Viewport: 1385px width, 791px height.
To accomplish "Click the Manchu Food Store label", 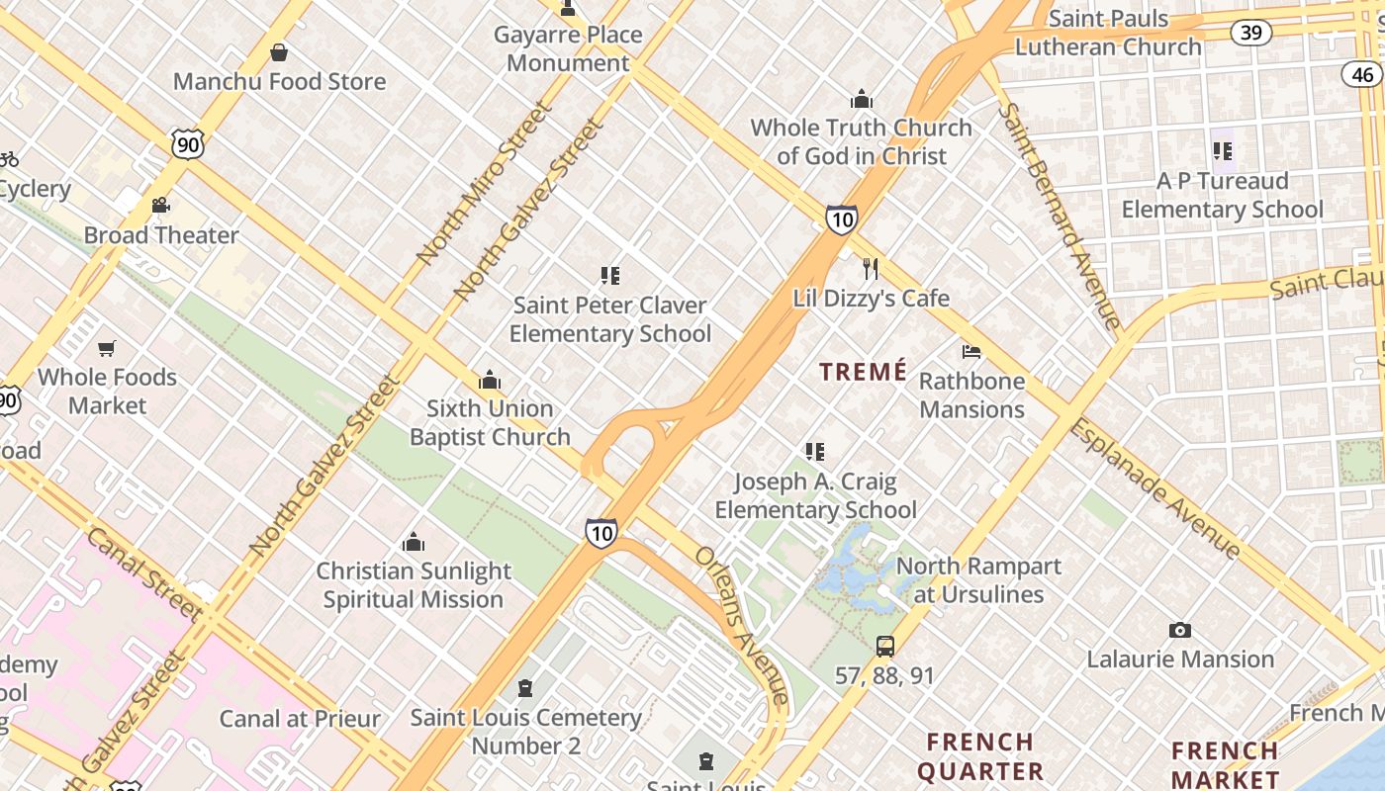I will tap(279, 81).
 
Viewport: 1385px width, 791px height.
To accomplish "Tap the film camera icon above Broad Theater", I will tap(160, 206).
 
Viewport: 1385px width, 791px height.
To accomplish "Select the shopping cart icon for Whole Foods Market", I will tap(107, 348).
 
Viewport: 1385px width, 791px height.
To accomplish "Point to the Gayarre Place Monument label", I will tap(568, 48).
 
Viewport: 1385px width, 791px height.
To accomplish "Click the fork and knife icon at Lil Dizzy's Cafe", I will tap(871, 269).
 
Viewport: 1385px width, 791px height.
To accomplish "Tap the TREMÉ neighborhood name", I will tap(864, 372).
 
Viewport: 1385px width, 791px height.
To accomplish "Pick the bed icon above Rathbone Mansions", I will tap(971, 352).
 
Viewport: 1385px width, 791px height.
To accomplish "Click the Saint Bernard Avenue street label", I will tap(1060, 215).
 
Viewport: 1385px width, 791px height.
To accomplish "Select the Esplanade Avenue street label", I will tap(1154, 488).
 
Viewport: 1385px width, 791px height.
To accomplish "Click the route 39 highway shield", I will tap(1251, 33).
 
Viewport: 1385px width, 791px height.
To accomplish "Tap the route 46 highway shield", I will tap(1362, 74).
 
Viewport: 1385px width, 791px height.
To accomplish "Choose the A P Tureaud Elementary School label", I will tap(1222, 195).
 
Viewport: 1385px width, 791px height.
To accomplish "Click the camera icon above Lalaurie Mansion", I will tap(1179, 631).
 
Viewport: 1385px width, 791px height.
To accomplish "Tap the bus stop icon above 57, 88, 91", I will tap(885, 647).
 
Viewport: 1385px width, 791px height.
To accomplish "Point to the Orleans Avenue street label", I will tap(742, 625).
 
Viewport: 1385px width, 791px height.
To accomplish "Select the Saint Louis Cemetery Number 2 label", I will tap(525, 731).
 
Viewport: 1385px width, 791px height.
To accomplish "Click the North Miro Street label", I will tap(483, 183).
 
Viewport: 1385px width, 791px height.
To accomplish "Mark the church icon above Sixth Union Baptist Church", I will tap(490, 381).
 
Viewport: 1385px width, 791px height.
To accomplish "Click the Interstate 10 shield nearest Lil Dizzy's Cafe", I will tap(841, 220).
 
